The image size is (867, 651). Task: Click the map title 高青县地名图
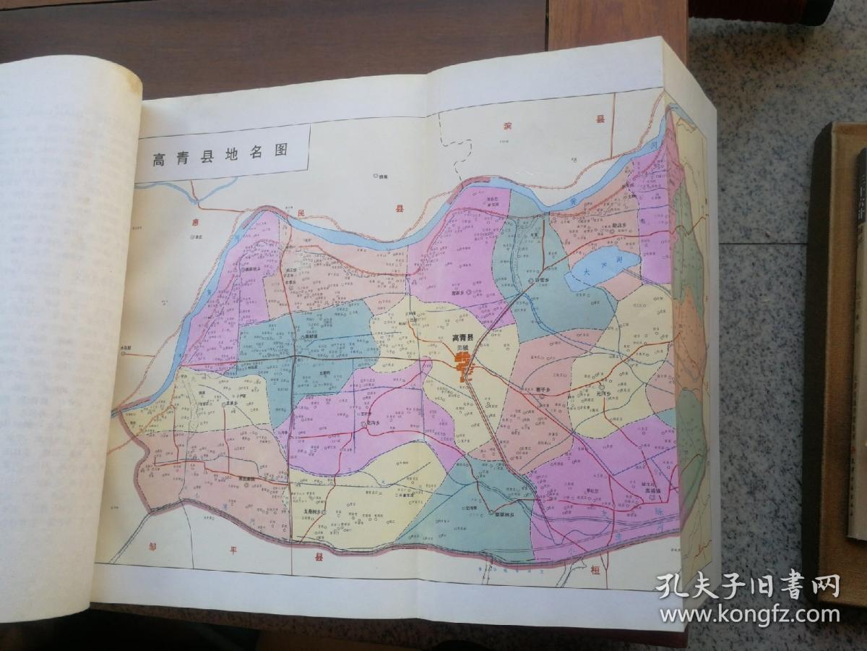point(220,154)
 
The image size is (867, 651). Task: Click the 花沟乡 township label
point(374,422)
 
